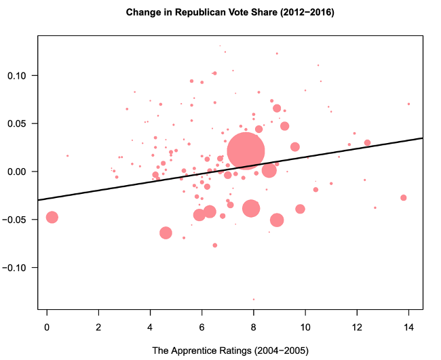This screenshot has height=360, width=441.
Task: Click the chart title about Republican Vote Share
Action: (x=230, y=12)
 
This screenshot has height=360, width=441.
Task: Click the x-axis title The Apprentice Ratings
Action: (x=230, y=351)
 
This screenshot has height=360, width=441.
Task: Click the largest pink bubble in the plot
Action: (x=246, y=151)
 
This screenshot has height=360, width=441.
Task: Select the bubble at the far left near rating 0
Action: (x=52, y=217)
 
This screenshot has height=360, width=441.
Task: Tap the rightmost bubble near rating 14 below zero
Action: (x=403, y=198)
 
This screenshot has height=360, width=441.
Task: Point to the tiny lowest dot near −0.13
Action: (x=254, y=299)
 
